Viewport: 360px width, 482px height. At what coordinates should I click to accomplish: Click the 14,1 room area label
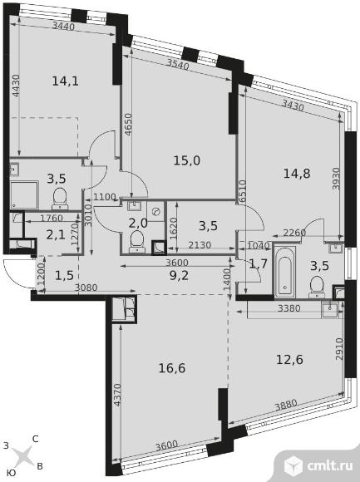[66, 81]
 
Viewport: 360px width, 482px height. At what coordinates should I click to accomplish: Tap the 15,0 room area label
[187, 160]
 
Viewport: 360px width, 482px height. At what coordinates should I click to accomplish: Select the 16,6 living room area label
[172, 367]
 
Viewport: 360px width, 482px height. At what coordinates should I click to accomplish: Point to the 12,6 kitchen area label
[289, 359]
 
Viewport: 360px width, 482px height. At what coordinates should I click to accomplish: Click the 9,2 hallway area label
[179, 275]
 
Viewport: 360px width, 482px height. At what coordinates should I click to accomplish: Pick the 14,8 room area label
[297, 174]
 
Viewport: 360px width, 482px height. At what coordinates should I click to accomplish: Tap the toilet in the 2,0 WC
[137, 242]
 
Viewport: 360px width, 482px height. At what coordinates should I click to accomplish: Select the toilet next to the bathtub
[317, 287]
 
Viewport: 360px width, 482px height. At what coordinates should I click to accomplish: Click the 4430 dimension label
[16, 86]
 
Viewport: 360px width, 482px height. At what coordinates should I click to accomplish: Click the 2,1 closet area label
[56, 235]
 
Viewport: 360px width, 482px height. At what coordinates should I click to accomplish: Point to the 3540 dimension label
[178, 64]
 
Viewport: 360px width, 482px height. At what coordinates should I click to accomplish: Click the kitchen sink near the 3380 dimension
[329, 309]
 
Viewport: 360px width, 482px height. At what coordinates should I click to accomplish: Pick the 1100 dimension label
[105, 197]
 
